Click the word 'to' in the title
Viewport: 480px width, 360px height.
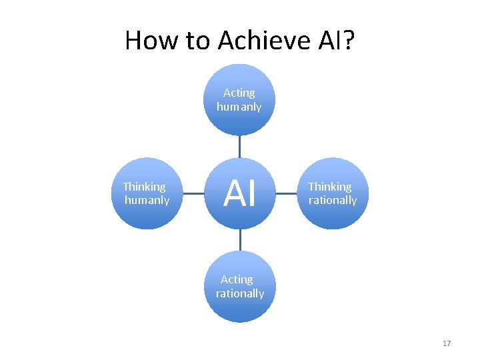[x=198, y=41]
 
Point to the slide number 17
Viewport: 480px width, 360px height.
[x=447, y=343]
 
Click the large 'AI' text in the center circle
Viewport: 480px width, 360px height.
[x=239, y=194]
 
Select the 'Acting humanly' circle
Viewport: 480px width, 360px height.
[x=239, y=100]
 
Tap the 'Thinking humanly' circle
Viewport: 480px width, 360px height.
[x=146, y=193]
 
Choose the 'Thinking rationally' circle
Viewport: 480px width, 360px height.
[x=333, y=193]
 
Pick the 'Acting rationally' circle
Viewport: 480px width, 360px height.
[x=239, y=287]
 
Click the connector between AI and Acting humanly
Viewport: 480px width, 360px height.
[x=239, y=147]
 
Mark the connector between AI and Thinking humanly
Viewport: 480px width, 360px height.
[x=193, y=194]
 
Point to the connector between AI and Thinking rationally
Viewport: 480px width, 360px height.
[x=286, y=194]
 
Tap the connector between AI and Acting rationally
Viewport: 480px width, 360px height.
[x=239, y=240]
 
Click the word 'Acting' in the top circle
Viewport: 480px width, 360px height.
[x=239, y=93]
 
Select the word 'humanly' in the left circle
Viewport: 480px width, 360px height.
[x=147, y=200]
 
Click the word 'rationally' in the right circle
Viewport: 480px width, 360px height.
[x=333, y=200]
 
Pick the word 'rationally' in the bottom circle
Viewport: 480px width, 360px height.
[x=240, y=293]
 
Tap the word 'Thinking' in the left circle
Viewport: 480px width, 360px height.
[x=144, y=187]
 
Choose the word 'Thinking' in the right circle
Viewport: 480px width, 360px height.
[x=329, y=187]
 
